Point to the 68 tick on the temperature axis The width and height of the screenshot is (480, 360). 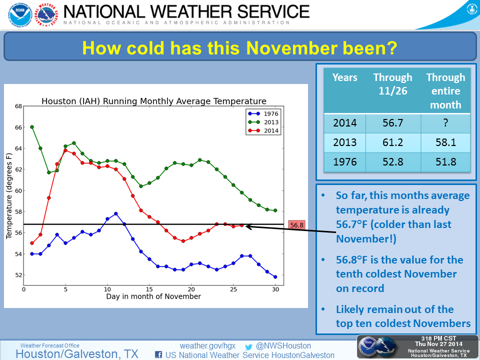(x=18, y=106)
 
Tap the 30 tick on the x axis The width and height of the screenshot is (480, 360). (x=275, y=289)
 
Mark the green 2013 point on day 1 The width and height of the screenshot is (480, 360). (x=32, y=127)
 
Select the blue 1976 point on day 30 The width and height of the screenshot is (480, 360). (x=275, y=276)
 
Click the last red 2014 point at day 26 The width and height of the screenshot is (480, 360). (x=241, y=225)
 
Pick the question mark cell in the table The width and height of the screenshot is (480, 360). (x=445, y=122)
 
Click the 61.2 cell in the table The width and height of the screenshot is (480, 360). (x=392, y=142)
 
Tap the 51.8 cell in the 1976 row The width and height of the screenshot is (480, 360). (x=445, y=162)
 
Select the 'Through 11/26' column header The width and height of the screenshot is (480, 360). (x=392, y=84)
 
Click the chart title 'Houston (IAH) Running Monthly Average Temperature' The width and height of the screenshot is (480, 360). (x=153, y=101)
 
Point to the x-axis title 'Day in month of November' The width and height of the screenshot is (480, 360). (x=153, y=296)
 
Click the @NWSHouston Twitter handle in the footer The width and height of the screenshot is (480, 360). (x=283, y=345)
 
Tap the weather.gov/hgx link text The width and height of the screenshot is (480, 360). (x=207, y=345)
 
